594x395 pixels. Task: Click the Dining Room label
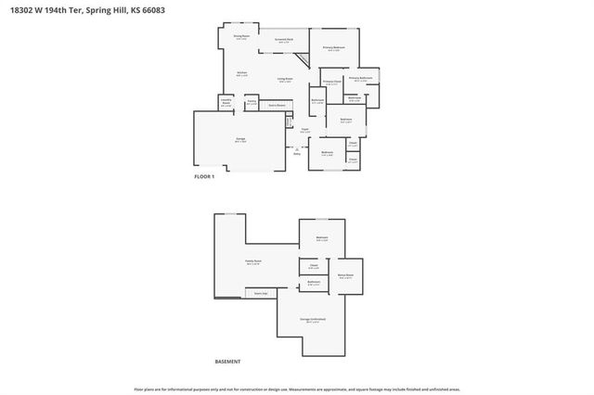(240, 38)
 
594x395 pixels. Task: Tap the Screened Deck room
(284, 41)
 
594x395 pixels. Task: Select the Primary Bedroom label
(334, 47)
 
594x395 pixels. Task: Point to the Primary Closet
(331, 82)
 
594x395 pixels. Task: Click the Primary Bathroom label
(360, 79)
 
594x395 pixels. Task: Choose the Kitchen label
(241, 73)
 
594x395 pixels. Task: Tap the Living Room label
(284, 81)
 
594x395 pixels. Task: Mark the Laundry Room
(226, 103)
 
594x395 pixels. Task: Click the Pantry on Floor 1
(252, 103)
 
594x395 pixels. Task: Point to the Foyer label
(304, 130)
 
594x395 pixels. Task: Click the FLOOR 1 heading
(203, 176)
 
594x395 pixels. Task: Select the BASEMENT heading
(227, 361)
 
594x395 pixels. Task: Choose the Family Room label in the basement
(252, 262)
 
